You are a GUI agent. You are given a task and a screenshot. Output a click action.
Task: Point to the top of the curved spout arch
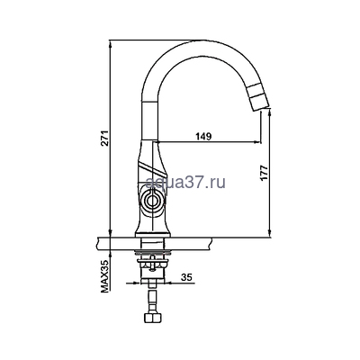pyautogui.click(x=193, y=45)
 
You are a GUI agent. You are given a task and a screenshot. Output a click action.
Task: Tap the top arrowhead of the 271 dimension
pyautogui.click(x=111, y=41)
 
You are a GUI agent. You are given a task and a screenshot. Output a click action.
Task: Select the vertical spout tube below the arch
pyautogui.click(x=147, y=117)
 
